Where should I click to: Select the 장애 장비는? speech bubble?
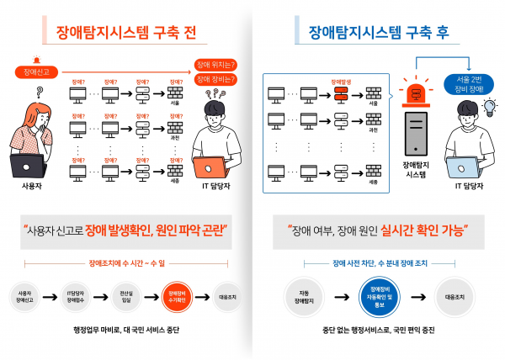[x=215, y=79]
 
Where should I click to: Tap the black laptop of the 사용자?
[x=29, y=166]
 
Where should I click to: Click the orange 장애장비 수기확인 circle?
[x=172, y=296]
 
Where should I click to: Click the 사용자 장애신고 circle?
[x=25, y=296]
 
